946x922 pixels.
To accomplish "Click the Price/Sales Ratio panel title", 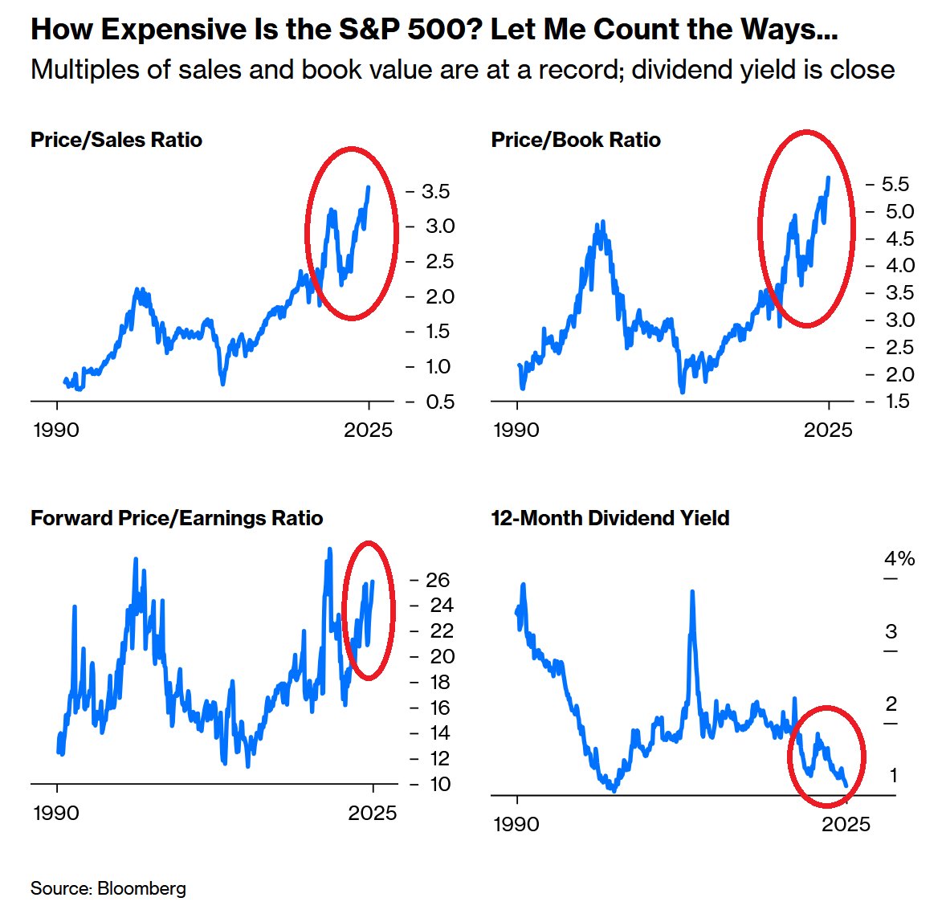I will coord(116,140).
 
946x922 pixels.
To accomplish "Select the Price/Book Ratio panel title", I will coord(576,140).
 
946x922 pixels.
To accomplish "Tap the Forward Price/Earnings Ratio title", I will coord(177,518).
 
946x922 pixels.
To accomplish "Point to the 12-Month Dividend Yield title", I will coord(610,518).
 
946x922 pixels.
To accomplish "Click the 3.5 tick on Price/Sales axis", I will coord(435,191).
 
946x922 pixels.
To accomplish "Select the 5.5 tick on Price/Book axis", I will coord(895,184).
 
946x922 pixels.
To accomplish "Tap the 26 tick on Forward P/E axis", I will coord(438,580).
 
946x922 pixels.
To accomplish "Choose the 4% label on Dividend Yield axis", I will coord(899,558).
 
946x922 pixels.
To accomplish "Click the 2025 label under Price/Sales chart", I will coord(369,430).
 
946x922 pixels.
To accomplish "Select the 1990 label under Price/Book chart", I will coord(516,430).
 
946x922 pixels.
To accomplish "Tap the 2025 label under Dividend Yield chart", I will coord(846,824).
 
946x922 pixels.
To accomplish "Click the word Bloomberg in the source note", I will coord(141,888).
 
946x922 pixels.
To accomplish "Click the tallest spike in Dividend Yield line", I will coord(691,593).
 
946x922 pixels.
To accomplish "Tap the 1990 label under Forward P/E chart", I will coord(56,813).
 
